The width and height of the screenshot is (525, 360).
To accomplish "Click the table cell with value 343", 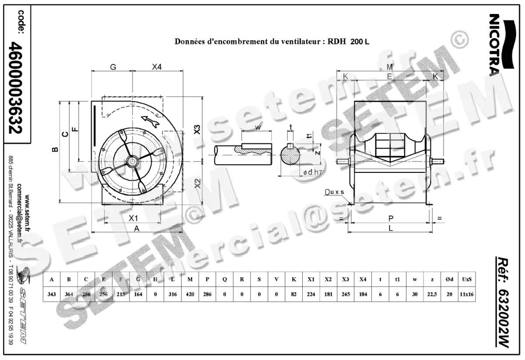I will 52,294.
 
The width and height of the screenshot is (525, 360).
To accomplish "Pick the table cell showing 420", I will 190,294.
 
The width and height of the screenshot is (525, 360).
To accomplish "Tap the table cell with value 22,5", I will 432,294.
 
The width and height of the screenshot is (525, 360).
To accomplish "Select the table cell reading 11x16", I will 466,294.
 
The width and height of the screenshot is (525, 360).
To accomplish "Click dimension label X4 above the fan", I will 157,67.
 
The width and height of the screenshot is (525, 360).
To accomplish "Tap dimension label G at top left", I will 112,67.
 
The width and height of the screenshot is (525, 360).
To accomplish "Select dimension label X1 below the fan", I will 133,217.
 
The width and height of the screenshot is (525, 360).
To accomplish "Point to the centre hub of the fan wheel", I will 131,161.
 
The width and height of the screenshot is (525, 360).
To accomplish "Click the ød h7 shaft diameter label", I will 313,172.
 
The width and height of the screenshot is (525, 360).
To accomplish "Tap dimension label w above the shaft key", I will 258,127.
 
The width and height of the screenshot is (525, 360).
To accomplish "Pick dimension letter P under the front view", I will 391,217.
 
